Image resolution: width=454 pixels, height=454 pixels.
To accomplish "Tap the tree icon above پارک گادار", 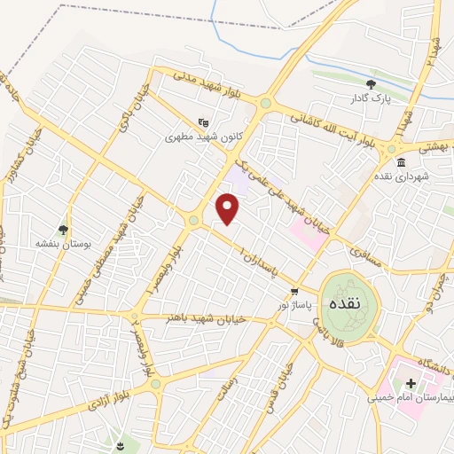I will point(371,84).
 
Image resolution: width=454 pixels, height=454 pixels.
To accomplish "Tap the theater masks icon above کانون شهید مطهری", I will point(204,123).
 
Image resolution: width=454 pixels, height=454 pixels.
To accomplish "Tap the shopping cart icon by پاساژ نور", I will point(294,291).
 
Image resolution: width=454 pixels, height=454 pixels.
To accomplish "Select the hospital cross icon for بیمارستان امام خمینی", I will point(411,384).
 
